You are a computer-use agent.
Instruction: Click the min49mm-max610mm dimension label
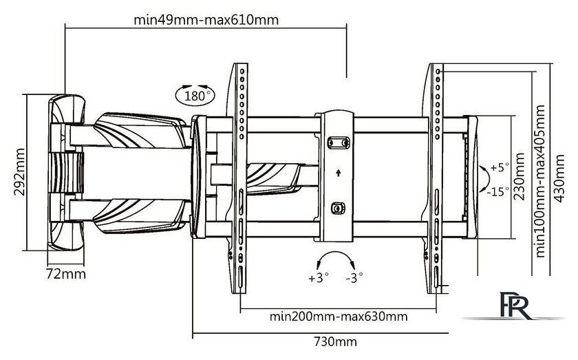coord(206,19)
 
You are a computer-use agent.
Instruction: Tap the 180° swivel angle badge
coord(194,95)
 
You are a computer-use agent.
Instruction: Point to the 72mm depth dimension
coord(65,274)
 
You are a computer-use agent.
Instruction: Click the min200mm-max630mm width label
coord(338,317)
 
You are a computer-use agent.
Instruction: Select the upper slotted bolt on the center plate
coord(338,143)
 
